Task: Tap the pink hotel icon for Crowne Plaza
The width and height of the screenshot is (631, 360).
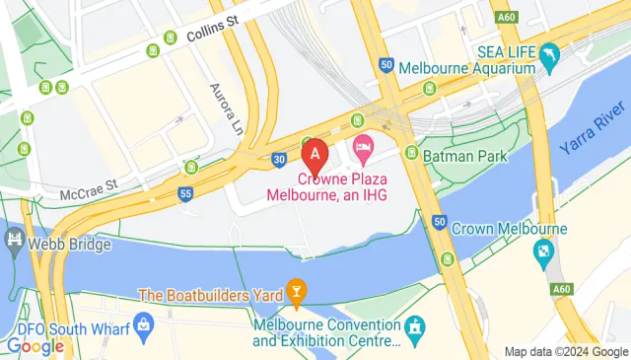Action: click(x=361, y=150)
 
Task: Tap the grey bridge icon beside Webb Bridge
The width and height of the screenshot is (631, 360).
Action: click(x=14, y=240)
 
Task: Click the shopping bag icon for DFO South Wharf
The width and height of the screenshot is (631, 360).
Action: click(x=144, y=323)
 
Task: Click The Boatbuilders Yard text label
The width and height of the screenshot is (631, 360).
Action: click(x=210, y=294)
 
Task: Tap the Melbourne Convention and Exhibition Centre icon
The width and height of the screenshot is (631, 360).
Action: click(x=415, y=326)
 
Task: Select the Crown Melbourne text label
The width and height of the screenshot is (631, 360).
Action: click(x=509, y=229)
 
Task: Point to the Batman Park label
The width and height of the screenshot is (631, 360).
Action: click(x=464, y=156)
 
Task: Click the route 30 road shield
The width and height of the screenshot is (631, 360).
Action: click(x=280, y=157)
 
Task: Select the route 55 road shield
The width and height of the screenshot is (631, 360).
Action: click(x=185, y=194)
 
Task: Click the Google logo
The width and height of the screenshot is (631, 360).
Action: click(x=35, y=346)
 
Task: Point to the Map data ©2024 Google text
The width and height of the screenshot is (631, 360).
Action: click(x=565, y=351)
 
